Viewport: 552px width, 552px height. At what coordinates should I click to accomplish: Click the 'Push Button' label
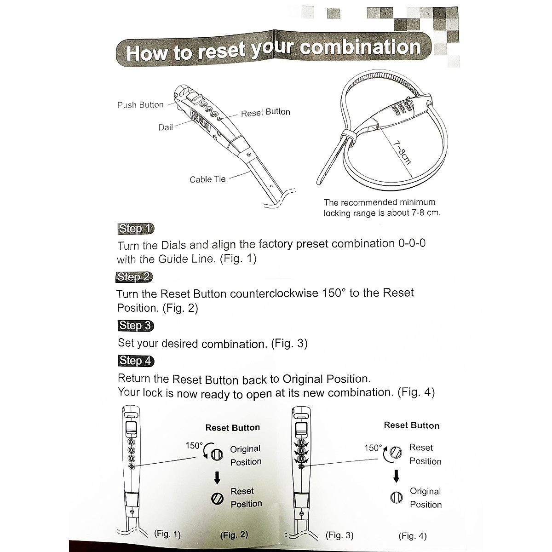(140, 105)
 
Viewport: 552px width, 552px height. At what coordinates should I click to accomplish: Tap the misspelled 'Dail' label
(166, 127)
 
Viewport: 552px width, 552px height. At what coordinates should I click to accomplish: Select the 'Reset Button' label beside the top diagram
(265, 112)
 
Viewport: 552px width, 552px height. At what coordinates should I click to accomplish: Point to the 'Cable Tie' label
(207, 179)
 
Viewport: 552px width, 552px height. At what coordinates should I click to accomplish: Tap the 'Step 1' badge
(135, 229)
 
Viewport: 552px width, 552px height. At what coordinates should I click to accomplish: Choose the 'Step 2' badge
(134, 277)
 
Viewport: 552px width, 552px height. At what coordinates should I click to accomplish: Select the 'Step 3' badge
(135, 326)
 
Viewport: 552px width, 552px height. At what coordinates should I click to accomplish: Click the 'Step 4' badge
(136, 361)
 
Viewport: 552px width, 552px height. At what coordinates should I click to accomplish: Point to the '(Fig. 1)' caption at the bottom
(167, 534)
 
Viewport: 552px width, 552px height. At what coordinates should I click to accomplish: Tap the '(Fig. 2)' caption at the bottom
(234, 535)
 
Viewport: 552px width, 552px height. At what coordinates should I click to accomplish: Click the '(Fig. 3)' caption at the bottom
(339, 535)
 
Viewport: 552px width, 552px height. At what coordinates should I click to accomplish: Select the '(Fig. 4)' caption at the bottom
(413, 536)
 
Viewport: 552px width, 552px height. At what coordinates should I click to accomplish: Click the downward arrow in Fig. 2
(217, 478)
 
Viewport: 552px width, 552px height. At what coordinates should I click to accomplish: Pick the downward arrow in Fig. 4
(396, 477)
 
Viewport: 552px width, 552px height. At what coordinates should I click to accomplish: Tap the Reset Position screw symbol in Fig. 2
(217, 498)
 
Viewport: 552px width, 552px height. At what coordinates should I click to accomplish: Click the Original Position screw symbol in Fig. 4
(396, 497)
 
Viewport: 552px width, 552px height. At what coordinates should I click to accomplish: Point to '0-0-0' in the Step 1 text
(410, 243)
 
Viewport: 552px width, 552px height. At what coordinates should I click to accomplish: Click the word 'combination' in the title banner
(360, 48)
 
